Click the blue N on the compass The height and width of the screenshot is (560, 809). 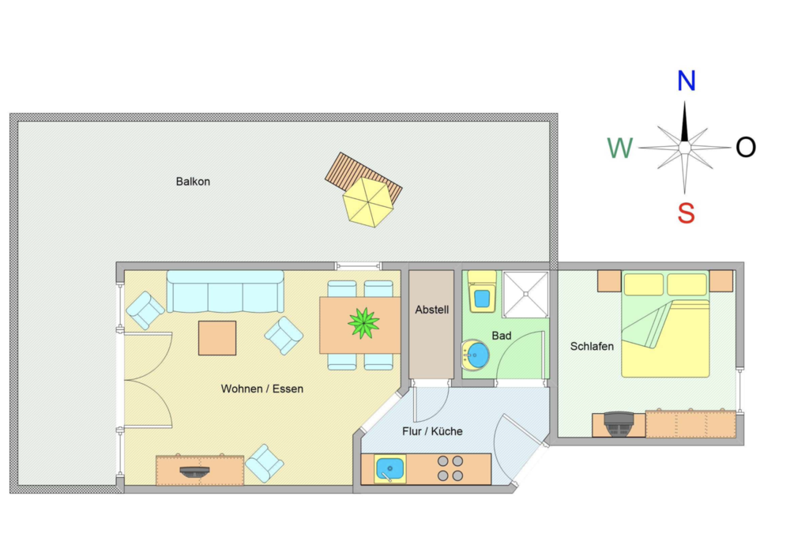(x=687, y=81)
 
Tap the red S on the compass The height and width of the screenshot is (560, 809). (x=687, y=212)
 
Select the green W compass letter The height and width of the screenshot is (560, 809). (x=619, y=148)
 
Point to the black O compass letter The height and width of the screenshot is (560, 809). (x=746, y=148)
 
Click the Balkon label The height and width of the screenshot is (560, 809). (x=193, y=182)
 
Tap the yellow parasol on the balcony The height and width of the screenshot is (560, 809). (x=368, y=202)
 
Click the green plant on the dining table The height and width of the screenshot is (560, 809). (x=363, y=323)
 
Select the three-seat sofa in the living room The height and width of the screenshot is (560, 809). (x=225, y=291)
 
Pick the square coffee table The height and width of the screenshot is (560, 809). (x=217, y=338)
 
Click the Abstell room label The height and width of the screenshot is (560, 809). (x=432, y=310)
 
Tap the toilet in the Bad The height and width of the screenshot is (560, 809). (x=482, y=292)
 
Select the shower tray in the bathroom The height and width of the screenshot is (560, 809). (x=525, y=295)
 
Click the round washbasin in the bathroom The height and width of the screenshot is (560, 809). (x=476, y=355)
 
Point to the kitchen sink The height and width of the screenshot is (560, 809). (x=390, y=468)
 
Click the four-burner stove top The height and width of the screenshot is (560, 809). (x=450, y=468)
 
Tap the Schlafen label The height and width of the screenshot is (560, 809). (x=592, y=347)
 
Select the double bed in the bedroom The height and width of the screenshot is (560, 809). (x=665, y=324)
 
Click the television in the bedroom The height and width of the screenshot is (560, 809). (x=618, y=424)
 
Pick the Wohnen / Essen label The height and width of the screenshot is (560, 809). (x=262, y=389)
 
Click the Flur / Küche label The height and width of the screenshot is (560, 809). (x=432, y=431)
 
